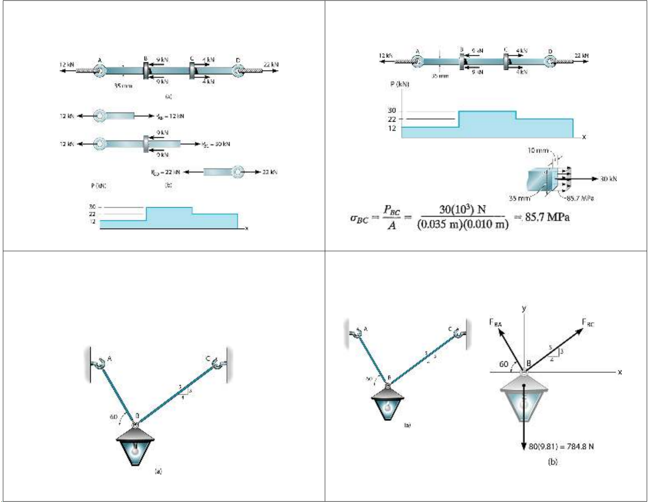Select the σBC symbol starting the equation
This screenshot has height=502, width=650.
tap(358, 218)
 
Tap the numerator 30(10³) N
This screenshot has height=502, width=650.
tap(463, 209)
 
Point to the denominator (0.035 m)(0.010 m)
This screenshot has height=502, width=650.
tap(463, 225)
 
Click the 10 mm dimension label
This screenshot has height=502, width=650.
tap(538, 151)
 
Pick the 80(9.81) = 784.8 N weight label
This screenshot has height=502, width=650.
tap(561, 446)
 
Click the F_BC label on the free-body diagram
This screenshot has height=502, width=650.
tap(588, 322)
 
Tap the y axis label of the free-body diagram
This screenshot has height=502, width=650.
tap(524, 308)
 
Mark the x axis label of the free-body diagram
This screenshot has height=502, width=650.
tap(620, 372)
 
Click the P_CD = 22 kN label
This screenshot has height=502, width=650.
tap(166, 172)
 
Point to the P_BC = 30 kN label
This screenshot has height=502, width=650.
tap(216, 144)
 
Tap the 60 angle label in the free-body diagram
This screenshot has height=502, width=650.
tap(504, 364)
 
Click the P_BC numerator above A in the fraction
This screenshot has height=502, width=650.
tap(392, 210)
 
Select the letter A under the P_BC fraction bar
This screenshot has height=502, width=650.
tap(392, 225)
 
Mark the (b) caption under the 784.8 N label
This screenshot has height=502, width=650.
tap(552, 462)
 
